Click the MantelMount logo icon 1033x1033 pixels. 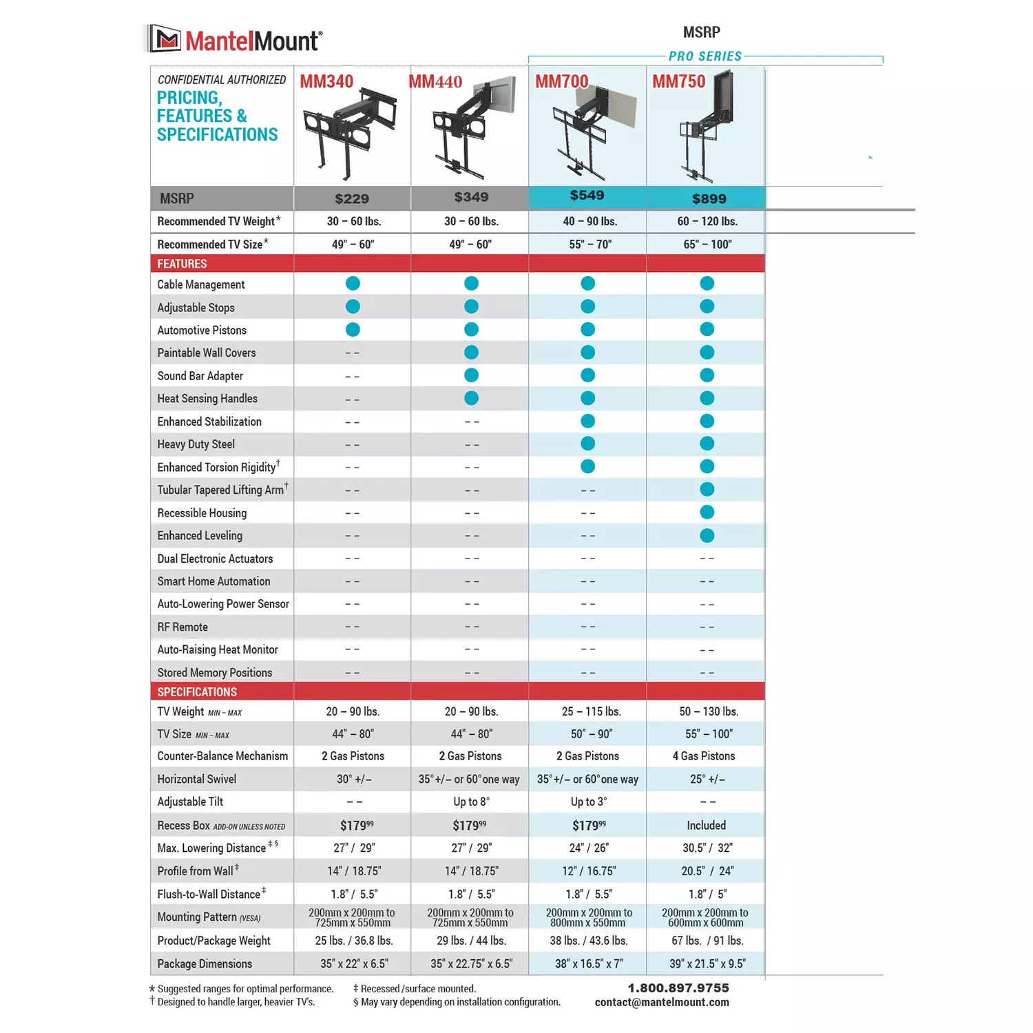pos(165,39)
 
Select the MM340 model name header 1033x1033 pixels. pos(326,81)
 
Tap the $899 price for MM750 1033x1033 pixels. pos(709,198)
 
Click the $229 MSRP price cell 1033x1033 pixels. pos(352,198)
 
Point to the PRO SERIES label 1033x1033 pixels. pos(705,56)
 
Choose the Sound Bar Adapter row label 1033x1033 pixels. pos(200,376)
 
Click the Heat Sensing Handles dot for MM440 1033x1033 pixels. pos(471,398)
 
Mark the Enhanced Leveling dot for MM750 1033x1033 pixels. pos(707,535)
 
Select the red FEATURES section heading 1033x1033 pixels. pos(182,264)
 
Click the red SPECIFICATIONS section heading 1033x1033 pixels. pos(197,692)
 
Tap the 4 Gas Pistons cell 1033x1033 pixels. pos(704,756)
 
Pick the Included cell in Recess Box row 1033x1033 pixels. pos(706,825)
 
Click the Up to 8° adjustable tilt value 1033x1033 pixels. pos(471,802)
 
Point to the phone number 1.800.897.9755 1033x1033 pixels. pos(678,988)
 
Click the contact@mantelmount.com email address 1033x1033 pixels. pos(662,1003)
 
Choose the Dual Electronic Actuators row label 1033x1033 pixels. pos(215,559)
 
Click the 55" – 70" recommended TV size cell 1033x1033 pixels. pos(590,244)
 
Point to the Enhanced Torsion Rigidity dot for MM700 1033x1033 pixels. pos(587,467)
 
